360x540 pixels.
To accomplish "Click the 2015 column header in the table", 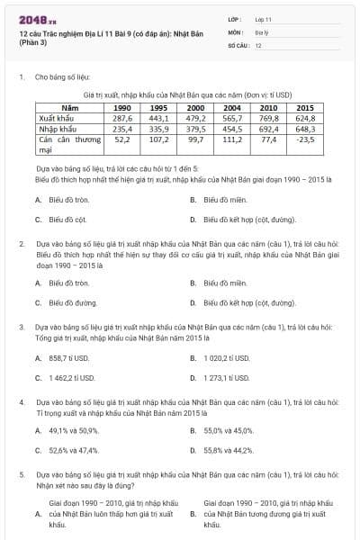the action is coord(304,107).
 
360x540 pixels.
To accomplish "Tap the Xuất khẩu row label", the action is coord(56,118).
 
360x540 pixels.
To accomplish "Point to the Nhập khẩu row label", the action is coord(57,129).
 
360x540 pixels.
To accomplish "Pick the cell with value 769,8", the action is coord(268,118).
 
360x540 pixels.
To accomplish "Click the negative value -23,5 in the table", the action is coord(305,139).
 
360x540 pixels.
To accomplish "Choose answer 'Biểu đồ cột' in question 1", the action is coord(67,219).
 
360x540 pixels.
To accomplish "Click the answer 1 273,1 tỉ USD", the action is coord(230,378).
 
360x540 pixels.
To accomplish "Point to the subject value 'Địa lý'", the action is coord(260,31).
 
